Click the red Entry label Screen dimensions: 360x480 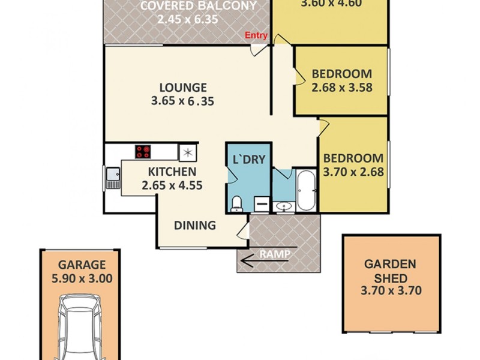[x=256, y=35]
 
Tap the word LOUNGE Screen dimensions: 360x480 [x=182, y=88]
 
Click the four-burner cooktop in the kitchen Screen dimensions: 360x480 [x=143, y=152]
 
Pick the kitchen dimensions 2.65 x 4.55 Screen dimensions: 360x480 [x=172, y=185]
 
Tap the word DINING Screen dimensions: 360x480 [x=194, y=226]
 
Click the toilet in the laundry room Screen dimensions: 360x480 [x=237, y=203]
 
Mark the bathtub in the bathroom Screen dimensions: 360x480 [x=305, y=190]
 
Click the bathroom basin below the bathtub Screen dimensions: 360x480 [x=283, y=207]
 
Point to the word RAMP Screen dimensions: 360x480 [x=275, y=254]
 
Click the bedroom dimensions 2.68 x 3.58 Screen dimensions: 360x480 [x=342, y=87]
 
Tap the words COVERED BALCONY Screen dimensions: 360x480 [x=199, y=6]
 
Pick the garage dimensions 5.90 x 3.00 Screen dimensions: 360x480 [x=82, y=278]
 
